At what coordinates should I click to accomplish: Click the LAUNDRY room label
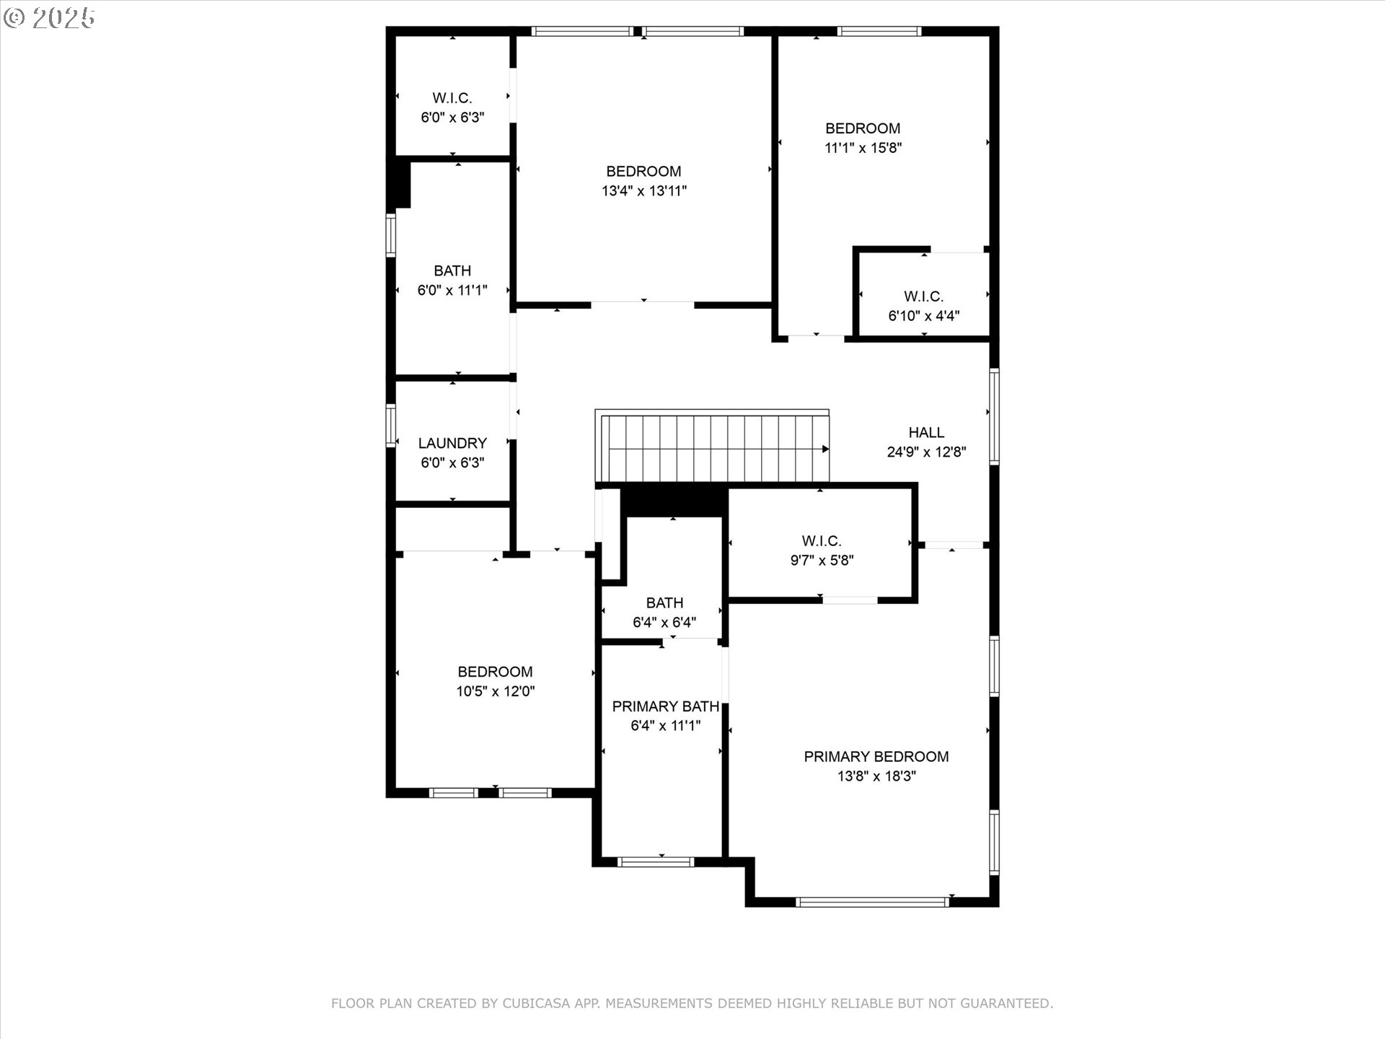(452, 443)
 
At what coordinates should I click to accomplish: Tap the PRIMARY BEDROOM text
(876, 756)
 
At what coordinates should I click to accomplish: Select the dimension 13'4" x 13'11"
(643, 191)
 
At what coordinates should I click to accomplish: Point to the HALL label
(926, 432)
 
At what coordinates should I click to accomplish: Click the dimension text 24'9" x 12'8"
(926, 452)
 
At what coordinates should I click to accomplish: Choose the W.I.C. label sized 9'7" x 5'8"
(821, 540)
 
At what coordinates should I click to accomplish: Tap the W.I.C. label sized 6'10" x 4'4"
(923, 296)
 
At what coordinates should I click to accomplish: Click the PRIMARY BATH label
(665, 706)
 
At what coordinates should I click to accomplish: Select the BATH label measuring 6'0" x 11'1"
(452, 271)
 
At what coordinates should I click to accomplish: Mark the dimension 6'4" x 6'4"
(664, 623)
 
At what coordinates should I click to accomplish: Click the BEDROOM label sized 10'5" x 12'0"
(495, 672)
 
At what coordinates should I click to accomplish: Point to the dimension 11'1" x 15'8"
(863, 148)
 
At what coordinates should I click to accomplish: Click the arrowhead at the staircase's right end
(825, 449)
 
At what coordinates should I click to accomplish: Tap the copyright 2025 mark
(49, 18)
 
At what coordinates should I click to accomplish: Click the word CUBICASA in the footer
(536, 1004)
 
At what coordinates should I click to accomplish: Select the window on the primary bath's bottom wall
(656, 862)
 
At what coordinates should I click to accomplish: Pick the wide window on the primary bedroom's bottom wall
(872, 902)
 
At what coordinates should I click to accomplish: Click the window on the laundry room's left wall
(391, 426)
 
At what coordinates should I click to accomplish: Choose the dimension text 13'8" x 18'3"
(876, 776)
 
